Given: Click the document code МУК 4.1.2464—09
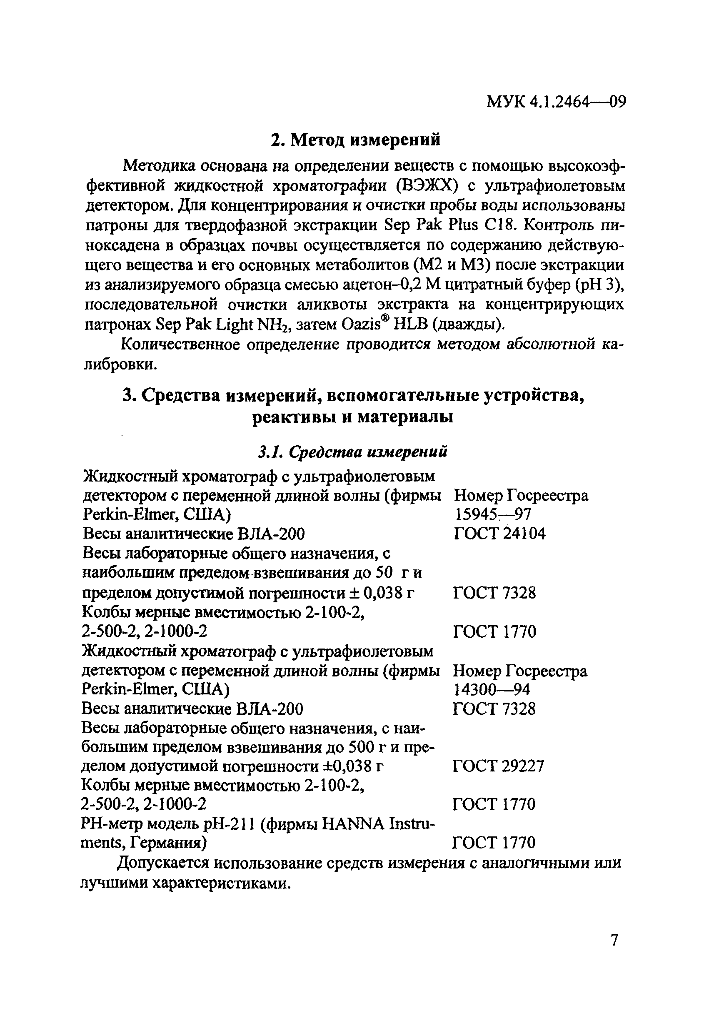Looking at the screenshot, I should (x=556, y=102).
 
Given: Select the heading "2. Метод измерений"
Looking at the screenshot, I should (x=356, y=140).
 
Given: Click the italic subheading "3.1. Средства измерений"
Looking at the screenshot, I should (x=353, y=452).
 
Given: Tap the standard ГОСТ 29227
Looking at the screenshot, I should (x=498, y=766).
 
